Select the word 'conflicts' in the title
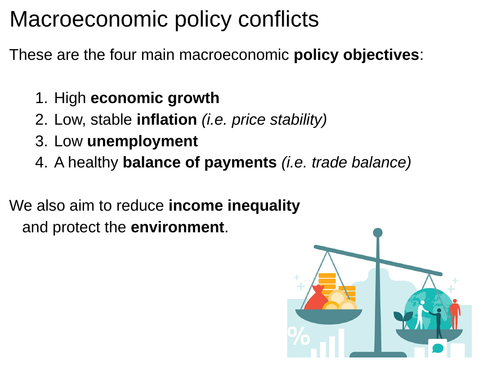tap(277, 19)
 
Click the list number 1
tap(40, 98)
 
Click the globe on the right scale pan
tap(425, 305)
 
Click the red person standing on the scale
tap(455, 313)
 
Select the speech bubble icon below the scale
tap(436, 348)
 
